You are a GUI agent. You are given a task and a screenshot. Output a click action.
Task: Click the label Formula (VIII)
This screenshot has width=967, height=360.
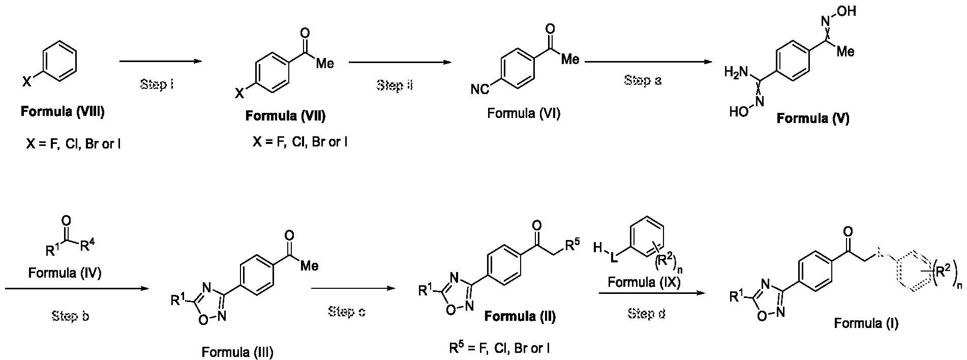pos(63,112)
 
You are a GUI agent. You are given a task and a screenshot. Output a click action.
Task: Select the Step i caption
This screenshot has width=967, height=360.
pos(157,84)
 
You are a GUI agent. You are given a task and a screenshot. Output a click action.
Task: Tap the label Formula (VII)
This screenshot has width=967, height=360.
pos(285,116)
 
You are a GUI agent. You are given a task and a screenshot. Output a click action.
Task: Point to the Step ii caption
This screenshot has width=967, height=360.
pos(395,85)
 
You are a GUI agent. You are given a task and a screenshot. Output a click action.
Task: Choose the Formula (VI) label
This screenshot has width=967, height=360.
pos(524,113)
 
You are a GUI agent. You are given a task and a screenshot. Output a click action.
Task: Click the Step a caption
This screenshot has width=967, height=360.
pos(643,80)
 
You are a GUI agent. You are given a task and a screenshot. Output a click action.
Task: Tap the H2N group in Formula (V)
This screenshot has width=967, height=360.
pos(737,73)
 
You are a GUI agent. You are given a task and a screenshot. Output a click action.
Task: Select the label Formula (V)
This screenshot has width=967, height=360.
pos(813,118)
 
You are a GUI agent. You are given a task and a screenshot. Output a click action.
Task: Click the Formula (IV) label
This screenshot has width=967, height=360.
pos(65,273)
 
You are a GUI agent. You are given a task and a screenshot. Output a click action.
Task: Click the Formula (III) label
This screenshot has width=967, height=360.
pos(237,352)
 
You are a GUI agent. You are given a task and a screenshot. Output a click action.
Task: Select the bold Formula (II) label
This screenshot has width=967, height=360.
pos(520,317)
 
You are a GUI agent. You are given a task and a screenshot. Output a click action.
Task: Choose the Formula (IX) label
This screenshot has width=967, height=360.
pos(644,282)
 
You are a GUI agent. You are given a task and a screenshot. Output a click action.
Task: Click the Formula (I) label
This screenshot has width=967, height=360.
pos(866,323)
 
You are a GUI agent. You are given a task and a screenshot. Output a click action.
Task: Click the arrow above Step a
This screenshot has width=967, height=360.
pos(648,62)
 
